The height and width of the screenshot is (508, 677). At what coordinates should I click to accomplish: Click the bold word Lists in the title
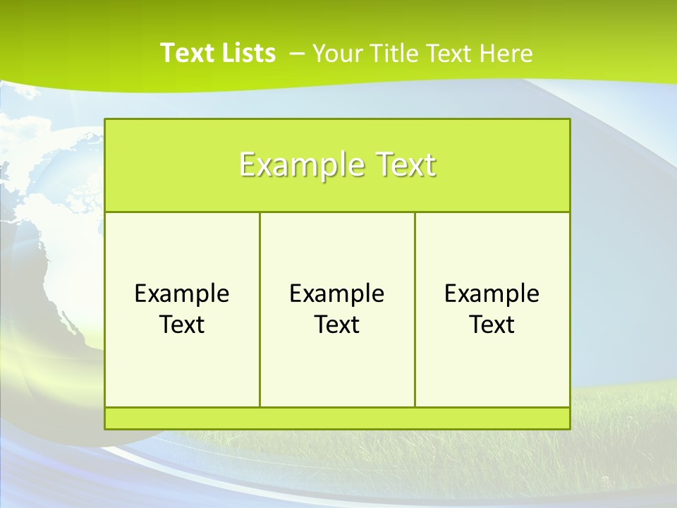(x=248, y=53)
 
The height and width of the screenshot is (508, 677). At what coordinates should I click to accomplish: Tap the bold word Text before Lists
(x=186, y=53)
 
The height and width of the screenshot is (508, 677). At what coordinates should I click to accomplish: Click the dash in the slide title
(x=297, y=53)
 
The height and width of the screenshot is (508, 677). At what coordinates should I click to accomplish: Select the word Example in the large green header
(x=298, y=165)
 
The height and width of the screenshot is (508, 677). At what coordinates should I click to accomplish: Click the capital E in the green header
(x=246, y=165)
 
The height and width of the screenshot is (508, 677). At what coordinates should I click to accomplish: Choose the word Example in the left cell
(x=182, y=294)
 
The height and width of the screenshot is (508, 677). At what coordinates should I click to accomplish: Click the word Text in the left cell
(x=182, y=325)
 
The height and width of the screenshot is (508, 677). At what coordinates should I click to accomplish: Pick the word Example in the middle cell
(x=337, y=294)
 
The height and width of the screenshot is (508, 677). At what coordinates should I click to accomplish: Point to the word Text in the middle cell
(x=337, y=325)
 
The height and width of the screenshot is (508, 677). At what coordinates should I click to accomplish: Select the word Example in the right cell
(x=492, y=294)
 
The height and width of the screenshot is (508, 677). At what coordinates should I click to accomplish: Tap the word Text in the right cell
(x=492, y=325)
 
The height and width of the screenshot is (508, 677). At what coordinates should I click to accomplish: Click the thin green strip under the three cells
(x=337, y=418)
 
